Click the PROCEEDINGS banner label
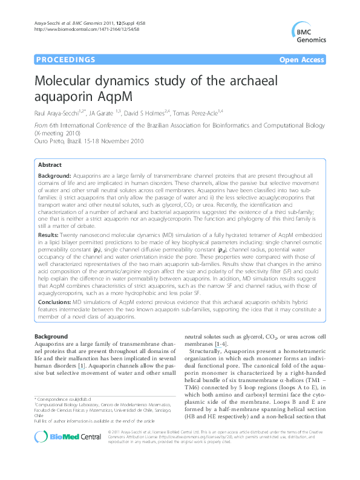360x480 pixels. point(60,60)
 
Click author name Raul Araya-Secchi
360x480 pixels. point(58,112)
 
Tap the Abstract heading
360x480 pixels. point(49,164)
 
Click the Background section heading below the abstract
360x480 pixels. point(51,336)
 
